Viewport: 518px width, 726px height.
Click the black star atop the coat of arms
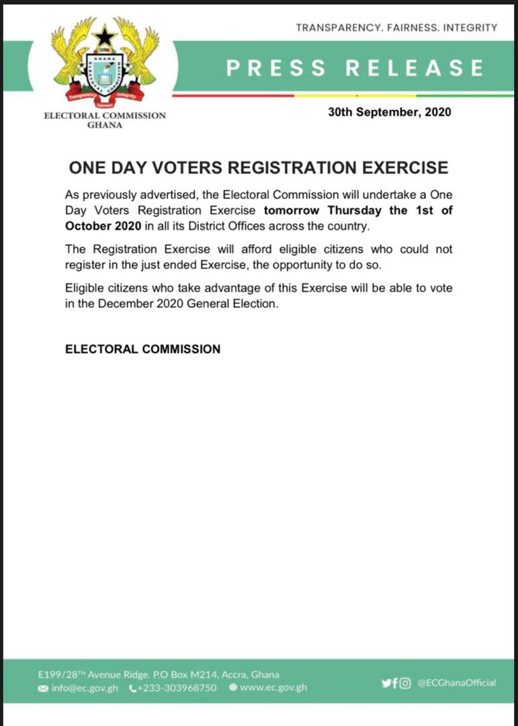click(105, 36)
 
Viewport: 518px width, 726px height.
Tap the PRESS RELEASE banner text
click(355, 68)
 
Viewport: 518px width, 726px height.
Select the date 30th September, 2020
click(390, 112)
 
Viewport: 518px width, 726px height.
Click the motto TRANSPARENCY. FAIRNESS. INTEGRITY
click(396, 28)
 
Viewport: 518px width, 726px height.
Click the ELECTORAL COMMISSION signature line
click(142, 350)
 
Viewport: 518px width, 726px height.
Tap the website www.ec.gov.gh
click(273, 688)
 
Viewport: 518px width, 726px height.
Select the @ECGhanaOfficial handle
click(456, 683)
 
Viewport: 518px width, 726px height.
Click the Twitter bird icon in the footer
click(386, 683)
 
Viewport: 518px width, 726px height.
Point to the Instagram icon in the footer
click(406, 683)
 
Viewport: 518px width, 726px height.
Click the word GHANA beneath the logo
click(105, 125)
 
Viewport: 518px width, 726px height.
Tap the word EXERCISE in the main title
click(398, 167)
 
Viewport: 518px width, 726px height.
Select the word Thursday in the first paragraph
click(355, 210)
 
